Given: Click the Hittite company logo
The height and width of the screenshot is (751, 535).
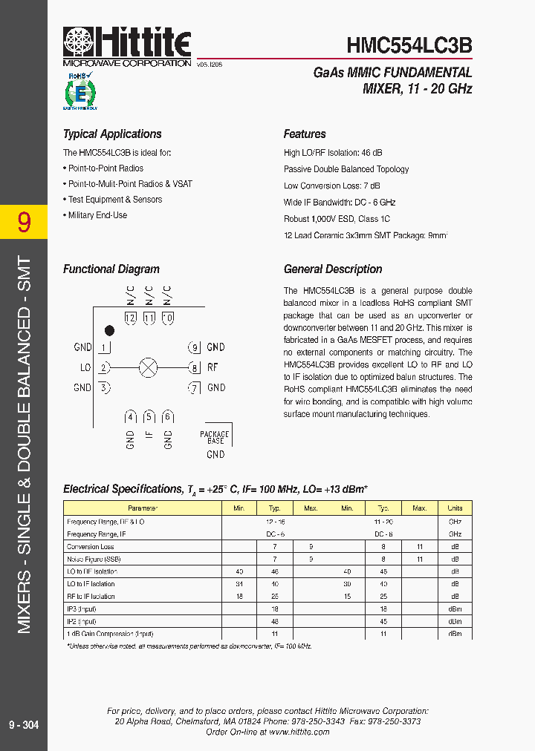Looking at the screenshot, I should [127, 47].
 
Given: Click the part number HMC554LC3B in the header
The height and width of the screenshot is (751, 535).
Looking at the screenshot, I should [409, 46].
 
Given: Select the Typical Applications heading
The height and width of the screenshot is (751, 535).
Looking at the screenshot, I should [112, 134].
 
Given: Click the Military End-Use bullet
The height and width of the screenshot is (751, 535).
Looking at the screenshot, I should [97, 215].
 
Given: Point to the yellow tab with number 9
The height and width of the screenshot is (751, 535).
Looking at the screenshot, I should [24, 222].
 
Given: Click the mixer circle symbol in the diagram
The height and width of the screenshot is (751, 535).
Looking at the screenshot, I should [149, 367].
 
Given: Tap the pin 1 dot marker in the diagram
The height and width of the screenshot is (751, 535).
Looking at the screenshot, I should [109, 329].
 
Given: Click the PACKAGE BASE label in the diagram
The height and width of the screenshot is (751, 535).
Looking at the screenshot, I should [215, 438].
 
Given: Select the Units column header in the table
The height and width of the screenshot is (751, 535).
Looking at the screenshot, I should [455, 508].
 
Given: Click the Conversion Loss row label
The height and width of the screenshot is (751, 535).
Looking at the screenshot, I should [90, 547].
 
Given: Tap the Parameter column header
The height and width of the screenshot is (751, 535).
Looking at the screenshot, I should [143, 508].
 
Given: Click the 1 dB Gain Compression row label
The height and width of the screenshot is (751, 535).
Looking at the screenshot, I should [110, 634].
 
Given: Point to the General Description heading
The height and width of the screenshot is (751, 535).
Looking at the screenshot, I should [333, 269].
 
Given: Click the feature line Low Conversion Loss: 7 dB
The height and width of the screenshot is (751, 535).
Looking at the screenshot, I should [331, 186].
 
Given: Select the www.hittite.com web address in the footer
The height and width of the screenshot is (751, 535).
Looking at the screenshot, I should [299, 732].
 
